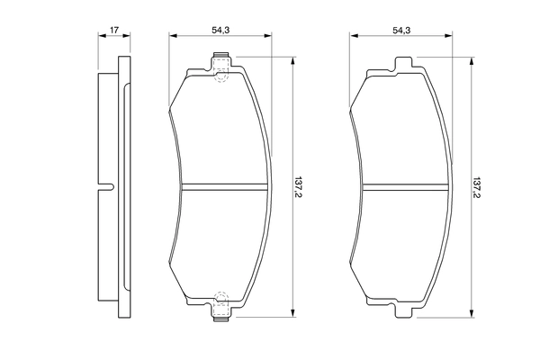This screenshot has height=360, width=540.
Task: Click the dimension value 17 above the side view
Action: tap(113, 31)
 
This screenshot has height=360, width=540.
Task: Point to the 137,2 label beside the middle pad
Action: tap(300, 187)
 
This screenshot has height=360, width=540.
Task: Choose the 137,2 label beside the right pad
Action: tap(478, 187)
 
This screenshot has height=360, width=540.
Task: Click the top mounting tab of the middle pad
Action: tap(222, 62)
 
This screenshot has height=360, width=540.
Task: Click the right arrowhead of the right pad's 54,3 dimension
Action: tap(452, 37)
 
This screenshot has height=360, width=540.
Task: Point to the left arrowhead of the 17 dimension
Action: tap(100, 37)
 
